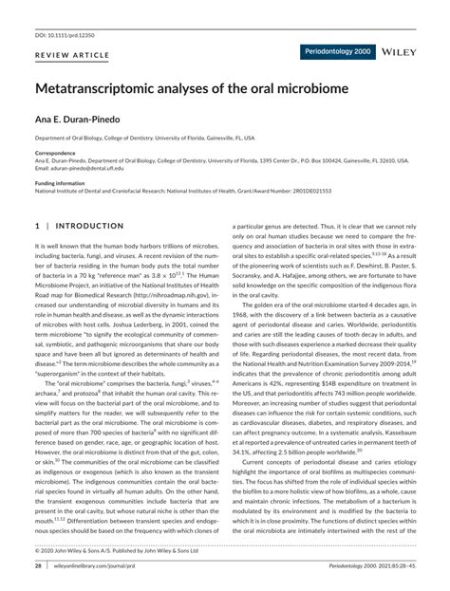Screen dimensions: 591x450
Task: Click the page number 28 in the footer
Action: point(38,566)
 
